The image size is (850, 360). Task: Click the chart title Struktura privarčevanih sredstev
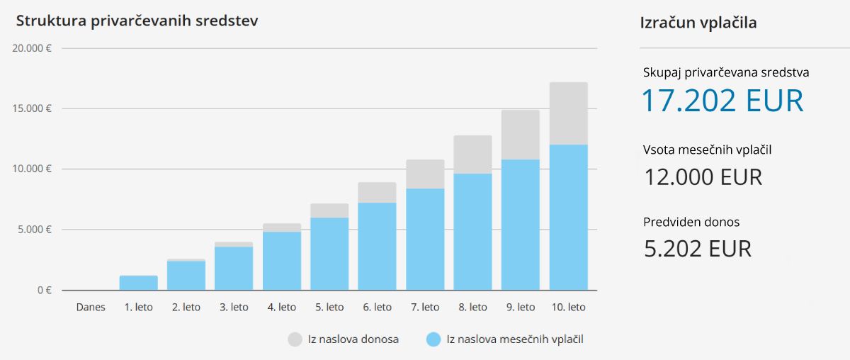[x=137, y=21]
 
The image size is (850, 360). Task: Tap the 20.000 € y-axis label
[x=32, y=48]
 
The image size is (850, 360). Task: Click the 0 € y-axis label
[x=44, y=290]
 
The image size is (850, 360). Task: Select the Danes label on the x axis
[x=91, y=308]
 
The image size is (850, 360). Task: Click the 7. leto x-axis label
[x=425, y=308]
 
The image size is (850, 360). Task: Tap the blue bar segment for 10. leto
[x=568, y=218]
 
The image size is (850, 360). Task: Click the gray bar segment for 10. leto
[x=568, y=113]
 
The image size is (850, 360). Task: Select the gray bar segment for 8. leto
[x=472, y=154]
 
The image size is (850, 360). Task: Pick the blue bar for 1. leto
[x=138, y=283]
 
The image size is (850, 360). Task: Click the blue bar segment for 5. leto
[x=329, y=254]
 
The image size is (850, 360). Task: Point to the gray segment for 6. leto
[x=377, y=193]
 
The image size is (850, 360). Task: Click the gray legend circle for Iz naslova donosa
[x=295, y=339]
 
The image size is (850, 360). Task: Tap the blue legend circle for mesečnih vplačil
[x=433, y=339]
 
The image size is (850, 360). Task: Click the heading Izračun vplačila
[x=698, y=23]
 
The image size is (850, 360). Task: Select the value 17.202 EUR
[x=722, y=101]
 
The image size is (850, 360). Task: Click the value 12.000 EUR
[x=703, y=176]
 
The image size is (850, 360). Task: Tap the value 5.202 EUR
[x=697, y=248]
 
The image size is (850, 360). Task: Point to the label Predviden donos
[x=691, y=222]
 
